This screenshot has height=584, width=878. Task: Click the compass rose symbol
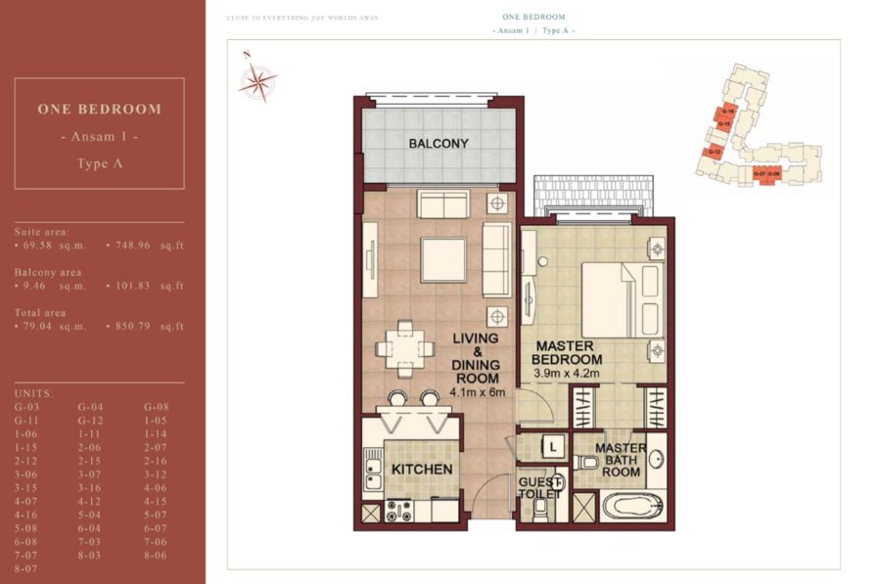click(x=257, y=81)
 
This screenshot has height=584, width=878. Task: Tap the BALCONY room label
click(x=439, y=144)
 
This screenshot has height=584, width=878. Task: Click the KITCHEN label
click(x=422, y=470)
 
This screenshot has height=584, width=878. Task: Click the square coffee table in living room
click(x=443, y=259)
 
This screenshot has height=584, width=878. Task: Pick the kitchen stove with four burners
click(x=398, y=510)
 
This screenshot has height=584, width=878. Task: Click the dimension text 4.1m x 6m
click(x=476, y=393)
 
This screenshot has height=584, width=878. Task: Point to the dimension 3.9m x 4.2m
click(x=567, y=374)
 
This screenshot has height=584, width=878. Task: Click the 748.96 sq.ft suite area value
click(x=144, y=246)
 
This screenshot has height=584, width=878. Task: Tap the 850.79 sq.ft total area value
click(x=144, y=326)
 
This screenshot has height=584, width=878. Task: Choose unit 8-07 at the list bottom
click(x=26, y=567)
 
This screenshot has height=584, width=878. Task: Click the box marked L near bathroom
click(x=553, y=446)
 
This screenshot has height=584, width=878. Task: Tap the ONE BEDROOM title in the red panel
click(x=99, y=110)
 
